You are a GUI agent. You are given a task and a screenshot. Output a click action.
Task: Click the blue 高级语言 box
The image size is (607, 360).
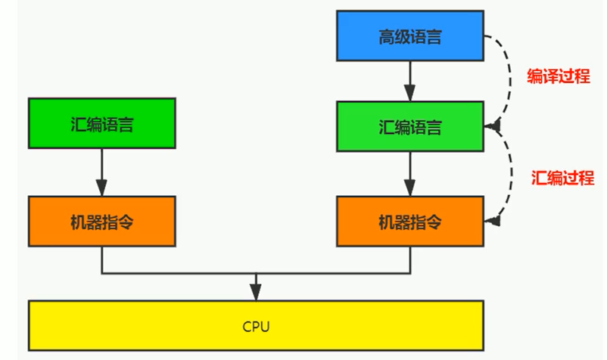409,36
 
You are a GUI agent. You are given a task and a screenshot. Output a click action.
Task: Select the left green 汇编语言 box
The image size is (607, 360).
101,123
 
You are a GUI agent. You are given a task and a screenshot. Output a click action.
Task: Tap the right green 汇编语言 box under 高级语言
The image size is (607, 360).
409,126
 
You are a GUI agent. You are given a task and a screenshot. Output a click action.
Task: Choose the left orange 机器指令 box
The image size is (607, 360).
101,222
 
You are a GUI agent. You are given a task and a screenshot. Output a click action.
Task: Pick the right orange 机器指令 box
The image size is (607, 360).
409,222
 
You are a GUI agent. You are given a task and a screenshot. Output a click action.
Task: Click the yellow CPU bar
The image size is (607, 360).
256,326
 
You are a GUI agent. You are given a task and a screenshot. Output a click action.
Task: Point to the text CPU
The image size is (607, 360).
256,327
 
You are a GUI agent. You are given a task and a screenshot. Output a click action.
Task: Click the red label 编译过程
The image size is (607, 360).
558,76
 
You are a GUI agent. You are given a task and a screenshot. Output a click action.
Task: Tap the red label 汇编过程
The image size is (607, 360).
562,178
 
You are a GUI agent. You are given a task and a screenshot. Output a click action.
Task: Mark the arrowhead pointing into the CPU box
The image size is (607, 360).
257,293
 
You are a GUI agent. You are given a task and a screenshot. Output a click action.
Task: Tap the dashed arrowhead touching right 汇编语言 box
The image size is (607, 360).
493,126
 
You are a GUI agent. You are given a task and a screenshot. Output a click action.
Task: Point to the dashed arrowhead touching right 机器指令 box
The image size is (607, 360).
493,222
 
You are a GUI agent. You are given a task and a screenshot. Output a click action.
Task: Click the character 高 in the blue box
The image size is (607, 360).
386,36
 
